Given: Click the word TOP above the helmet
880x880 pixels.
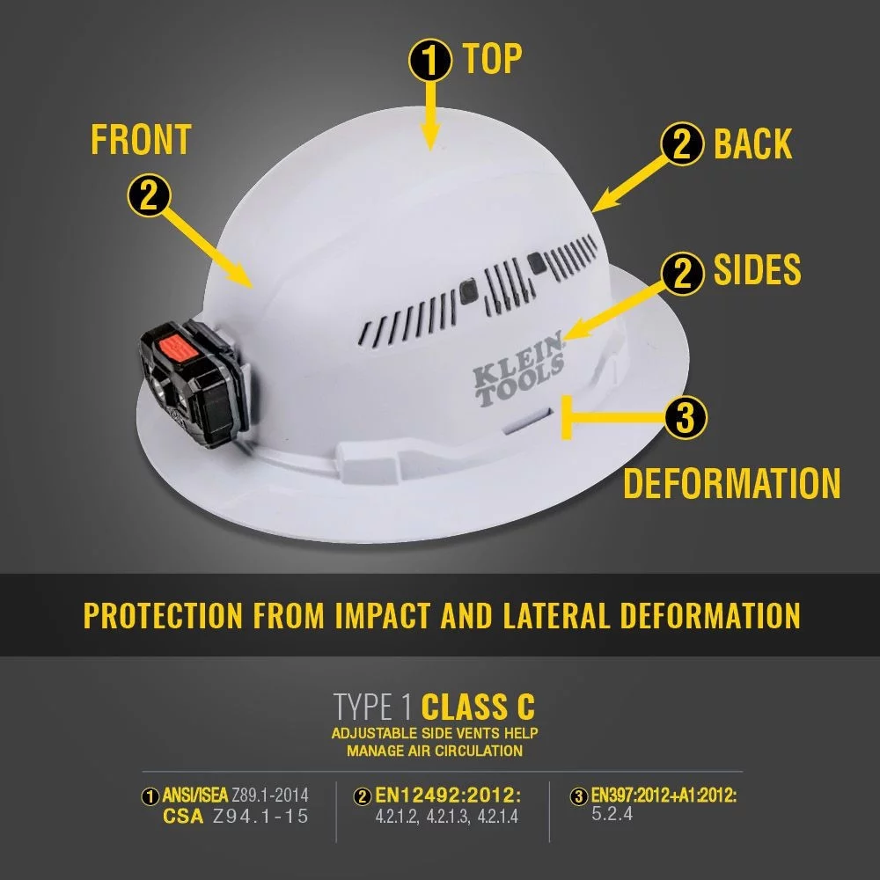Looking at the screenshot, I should pos(492,59).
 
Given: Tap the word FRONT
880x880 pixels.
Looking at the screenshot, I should pos(141,140).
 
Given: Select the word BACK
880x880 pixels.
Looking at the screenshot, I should pos(752,145).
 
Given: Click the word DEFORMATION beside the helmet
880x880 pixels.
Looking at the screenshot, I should pos(732,484).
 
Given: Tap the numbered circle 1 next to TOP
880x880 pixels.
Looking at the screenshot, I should pos(431,61).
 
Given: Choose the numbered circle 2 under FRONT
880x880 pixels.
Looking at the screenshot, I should pos(149,195).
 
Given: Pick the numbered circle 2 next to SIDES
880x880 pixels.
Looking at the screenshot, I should pos(683,274).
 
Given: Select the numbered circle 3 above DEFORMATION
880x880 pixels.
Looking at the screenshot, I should pos(686,419).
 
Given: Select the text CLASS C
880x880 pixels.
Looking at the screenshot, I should pos(478,708).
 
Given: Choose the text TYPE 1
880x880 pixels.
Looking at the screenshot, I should pos(372,708).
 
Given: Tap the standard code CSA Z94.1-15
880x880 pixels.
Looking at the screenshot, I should pos(236,817).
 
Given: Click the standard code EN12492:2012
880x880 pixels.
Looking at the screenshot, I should pos(448,796).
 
